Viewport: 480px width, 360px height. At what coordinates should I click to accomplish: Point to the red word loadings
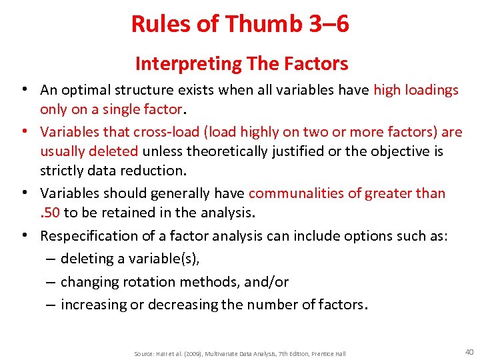point(433,90)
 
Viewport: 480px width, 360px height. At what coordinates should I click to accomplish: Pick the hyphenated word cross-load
point(161,132)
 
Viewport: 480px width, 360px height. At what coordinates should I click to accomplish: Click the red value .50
point(50,213)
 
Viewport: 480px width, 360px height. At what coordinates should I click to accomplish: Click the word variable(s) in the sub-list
point(146,259)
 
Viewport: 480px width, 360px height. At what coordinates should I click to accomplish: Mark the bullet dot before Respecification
point(23,235)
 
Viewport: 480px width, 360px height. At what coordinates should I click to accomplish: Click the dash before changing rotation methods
point(51,282)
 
